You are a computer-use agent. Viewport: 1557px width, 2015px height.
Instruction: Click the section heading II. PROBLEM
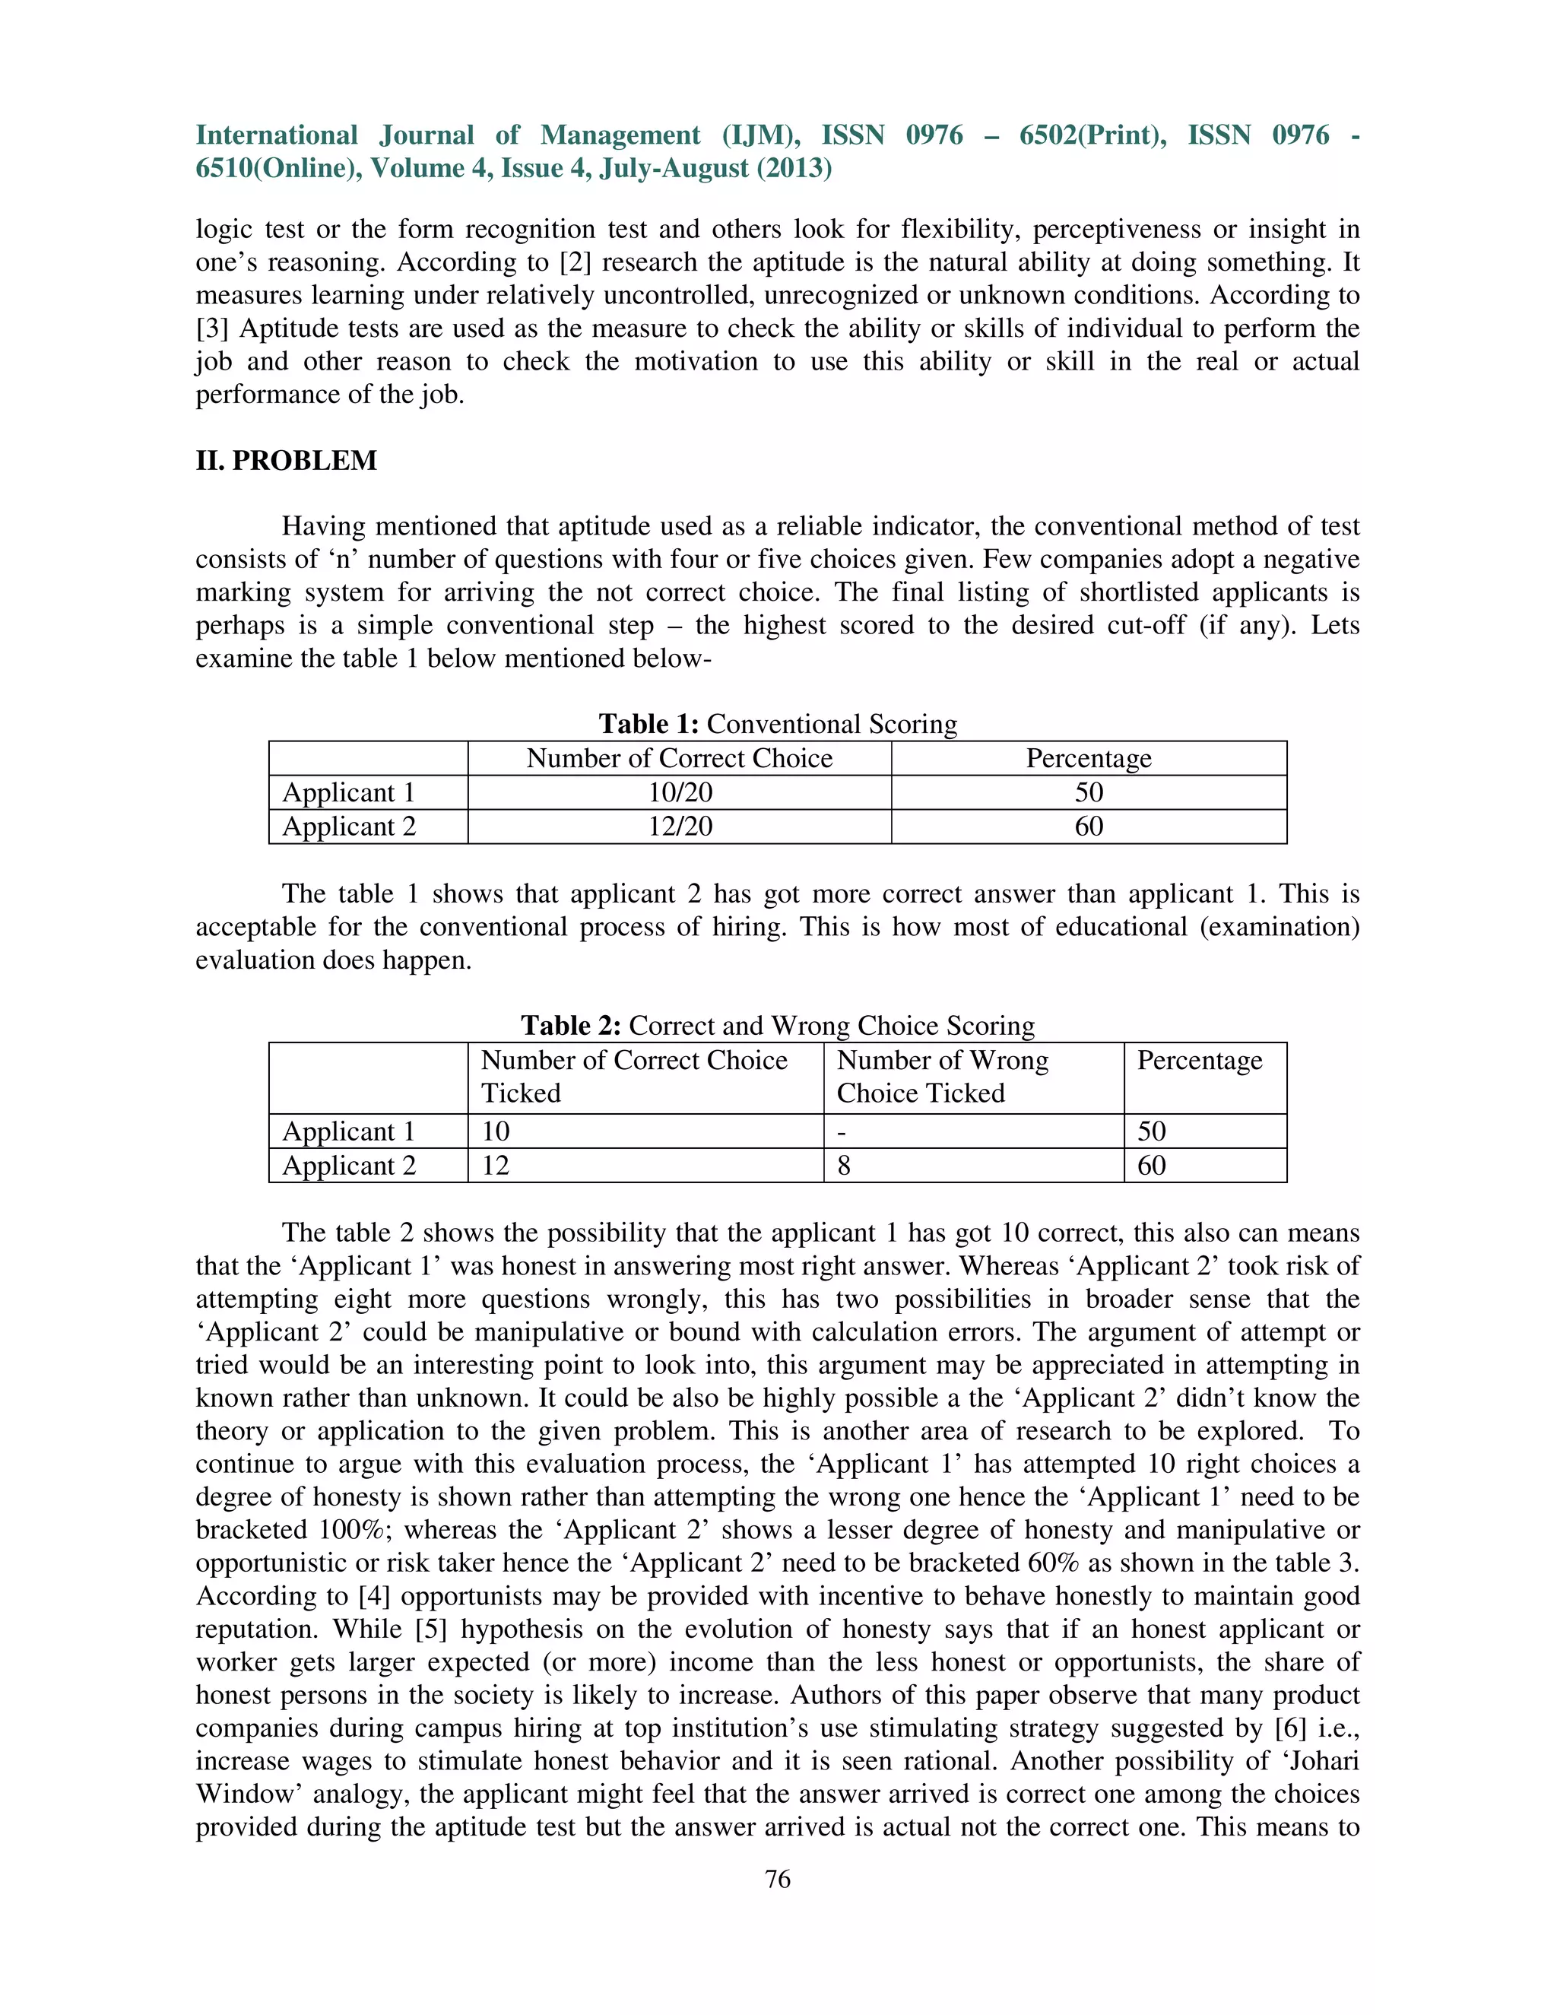(x=286, y=460)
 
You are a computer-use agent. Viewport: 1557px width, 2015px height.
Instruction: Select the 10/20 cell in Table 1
(x=680, y=792)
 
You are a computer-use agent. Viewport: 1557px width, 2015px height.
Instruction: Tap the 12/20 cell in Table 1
(x=680, y=827)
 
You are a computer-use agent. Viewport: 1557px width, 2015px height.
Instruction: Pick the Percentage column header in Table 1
(x=1089, y=758)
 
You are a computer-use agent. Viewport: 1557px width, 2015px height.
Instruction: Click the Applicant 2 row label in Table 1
(x=349, y=827)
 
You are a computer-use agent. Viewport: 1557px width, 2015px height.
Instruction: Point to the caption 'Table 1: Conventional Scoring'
(x=778, y=724)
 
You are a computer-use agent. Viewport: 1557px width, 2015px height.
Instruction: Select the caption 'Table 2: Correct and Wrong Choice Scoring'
(x=778, y=1026)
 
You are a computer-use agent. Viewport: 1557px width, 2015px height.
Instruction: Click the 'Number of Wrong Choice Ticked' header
(x=942, y=1077)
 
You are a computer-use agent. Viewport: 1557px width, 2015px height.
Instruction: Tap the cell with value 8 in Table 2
(x=844, y=1166)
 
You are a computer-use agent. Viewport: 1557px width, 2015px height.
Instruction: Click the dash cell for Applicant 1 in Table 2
(x=842, y=1132)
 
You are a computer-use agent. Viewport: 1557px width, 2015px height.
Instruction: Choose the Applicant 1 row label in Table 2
(x=349, y=1132)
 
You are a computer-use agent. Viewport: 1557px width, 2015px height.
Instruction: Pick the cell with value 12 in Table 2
(x=496, y=1166)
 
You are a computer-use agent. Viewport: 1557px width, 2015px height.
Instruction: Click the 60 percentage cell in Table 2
(x=1151, y=1166)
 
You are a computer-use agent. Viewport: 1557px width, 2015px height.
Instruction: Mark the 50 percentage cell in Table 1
(x=1089, y=792)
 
